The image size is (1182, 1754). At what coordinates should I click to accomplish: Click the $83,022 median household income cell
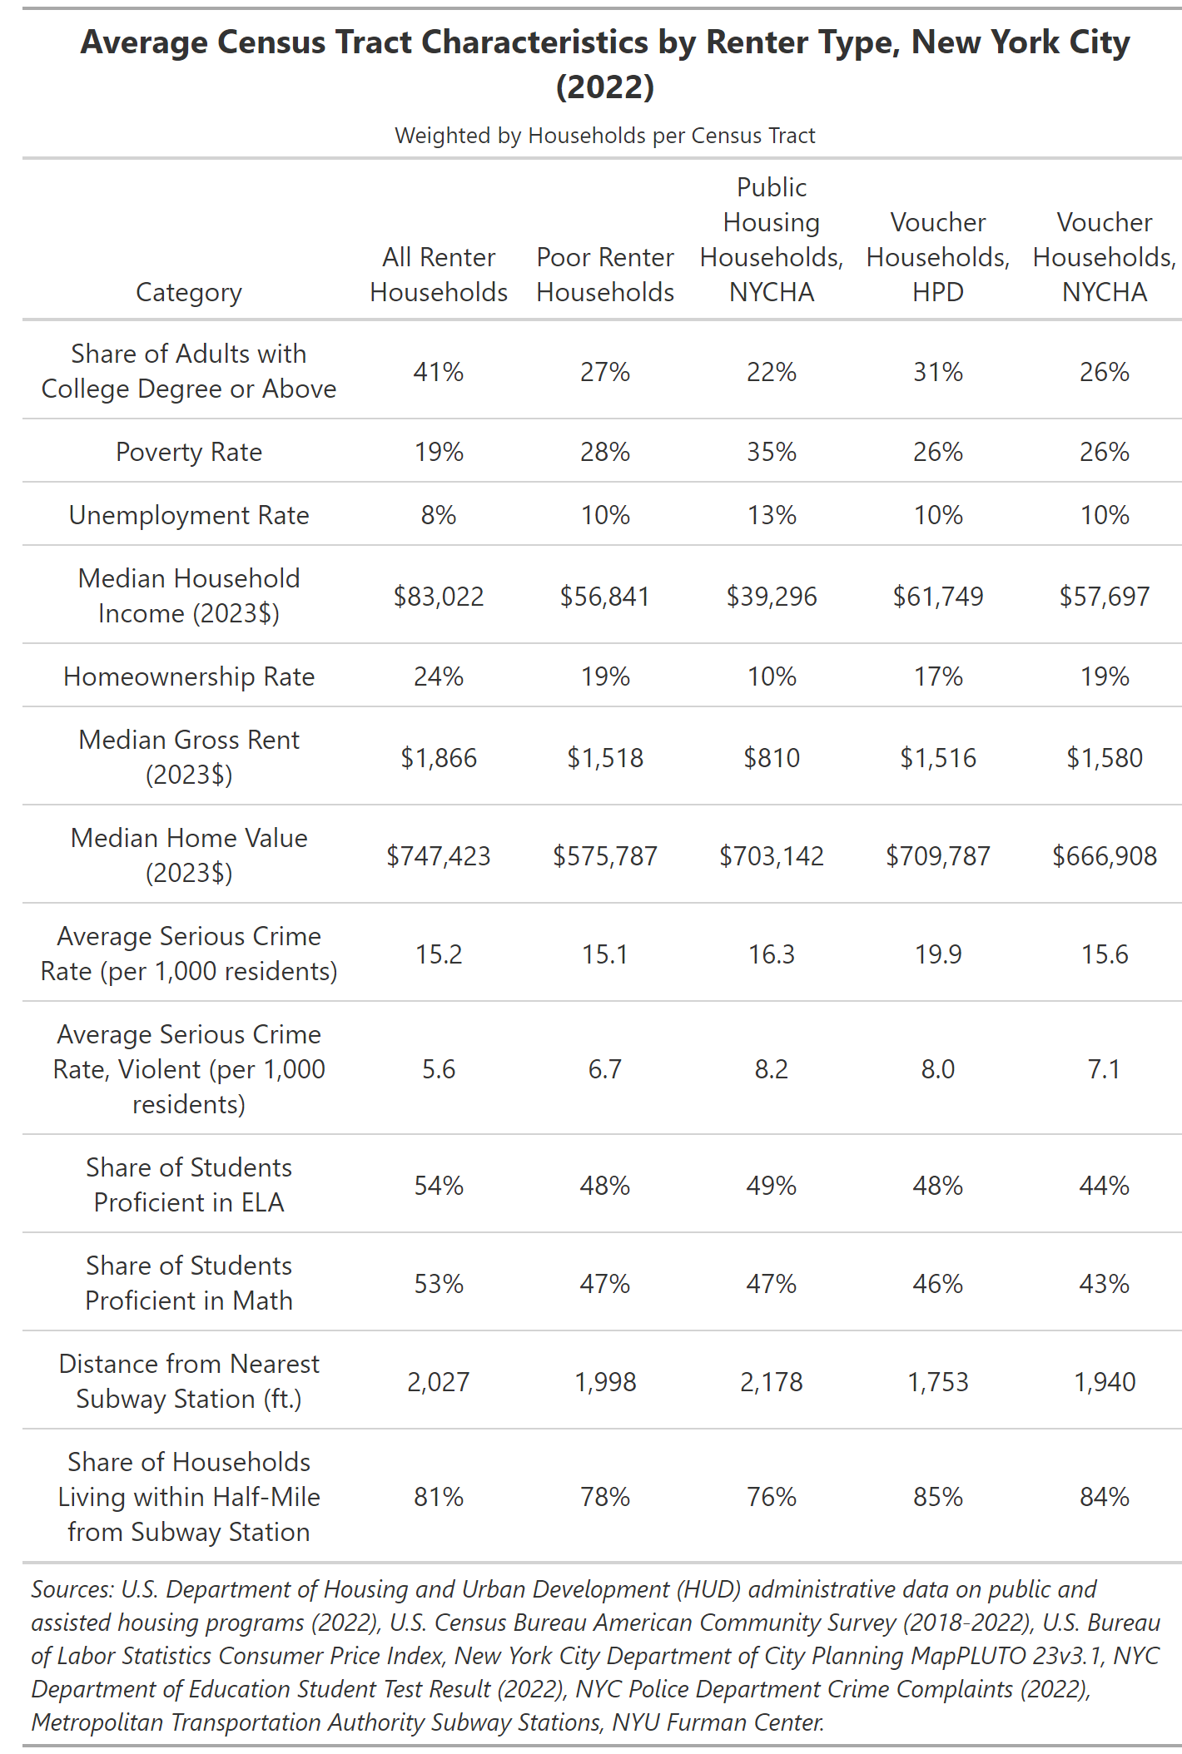[439, 596]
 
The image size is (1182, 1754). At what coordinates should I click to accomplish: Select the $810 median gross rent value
[772, 757]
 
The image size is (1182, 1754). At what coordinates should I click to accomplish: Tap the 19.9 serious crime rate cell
[938, 954]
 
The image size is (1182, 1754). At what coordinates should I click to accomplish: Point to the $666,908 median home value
[1105, 855]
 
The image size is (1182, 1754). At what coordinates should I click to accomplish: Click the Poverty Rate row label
[189, 451]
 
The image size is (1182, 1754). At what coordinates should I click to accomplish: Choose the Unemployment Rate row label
[189, 514]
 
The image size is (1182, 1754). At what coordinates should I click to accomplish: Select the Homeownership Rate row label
[189, 676]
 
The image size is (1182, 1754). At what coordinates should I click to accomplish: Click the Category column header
[189, 291]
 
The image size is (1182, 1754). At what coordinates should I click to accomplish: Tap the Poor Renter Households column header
[605, 274]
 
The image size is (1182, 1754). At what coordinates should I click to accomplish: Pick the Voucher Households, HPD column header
[938, 256]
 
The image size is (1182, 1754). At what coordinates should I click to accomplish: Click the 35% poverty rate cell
[772, 451]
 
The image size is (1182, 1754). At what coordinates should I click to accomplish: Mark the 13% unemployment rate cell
[772, 514]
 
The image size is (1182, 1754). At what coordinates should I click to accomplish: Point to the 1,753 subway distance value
[938, 1381]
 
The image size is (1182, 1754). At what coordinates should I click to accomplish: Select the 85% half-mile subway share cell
[938, 1496]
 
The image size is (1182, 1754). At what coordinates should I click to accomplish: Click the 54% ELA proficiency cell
[439, 1185]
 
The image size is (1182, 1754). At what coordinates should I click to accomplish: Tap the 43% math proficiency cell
[1105, 1283]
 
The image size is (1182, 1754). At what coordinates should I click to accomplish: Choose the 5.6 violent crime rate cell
[439, 1068]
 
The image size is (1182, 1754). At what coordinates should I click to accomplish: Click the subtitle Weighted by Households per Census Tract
[605, 135]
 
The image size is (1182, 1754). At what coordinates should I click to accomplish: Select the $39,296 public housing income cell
[772, 596]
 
